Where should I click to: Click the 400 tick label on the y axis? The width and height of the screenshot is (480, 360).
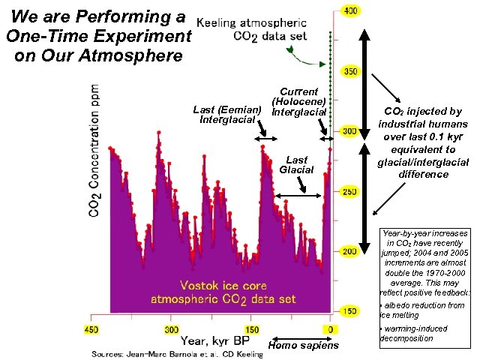[x=349, y=11]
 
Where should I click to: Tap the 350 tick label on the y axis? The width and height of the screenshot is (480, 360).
[x=349, y=71]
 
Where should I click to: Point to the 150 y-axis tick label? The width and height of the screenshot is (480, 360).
[x=349, y=310]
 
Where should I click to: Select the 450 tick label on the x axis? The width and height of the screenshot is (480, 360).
[x=91, y=328]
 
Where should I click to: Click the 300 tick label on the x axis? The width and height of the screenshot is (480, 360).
[x=172, y=328]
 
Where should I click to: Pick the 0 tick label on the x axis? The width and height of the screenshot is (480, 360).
[x=330, y=328]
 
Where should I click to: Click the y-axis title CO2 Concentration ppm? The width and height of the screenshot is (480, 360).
[x=95, y=150]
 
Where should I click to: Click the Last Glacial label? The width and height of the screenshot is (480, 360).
[x=296, y=164]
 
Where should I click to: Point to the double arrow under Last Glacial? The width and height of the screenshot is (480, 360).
[x=298, y=196]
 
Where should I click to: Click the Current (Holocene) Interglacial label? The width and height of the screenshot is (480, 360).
[x=298, y=102]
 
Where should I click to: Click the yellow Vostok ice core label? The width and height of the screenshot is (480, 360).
[x=223, y=292]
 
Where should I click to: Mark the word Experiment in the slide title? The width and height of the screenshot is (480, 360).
[x=139, y=36]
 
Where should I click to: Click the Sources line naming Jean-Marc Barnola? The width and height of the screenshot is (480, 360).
[x=177, y=353]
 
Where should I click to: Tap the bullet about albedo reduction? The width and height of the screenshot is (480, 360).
[x=424, y=310]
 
